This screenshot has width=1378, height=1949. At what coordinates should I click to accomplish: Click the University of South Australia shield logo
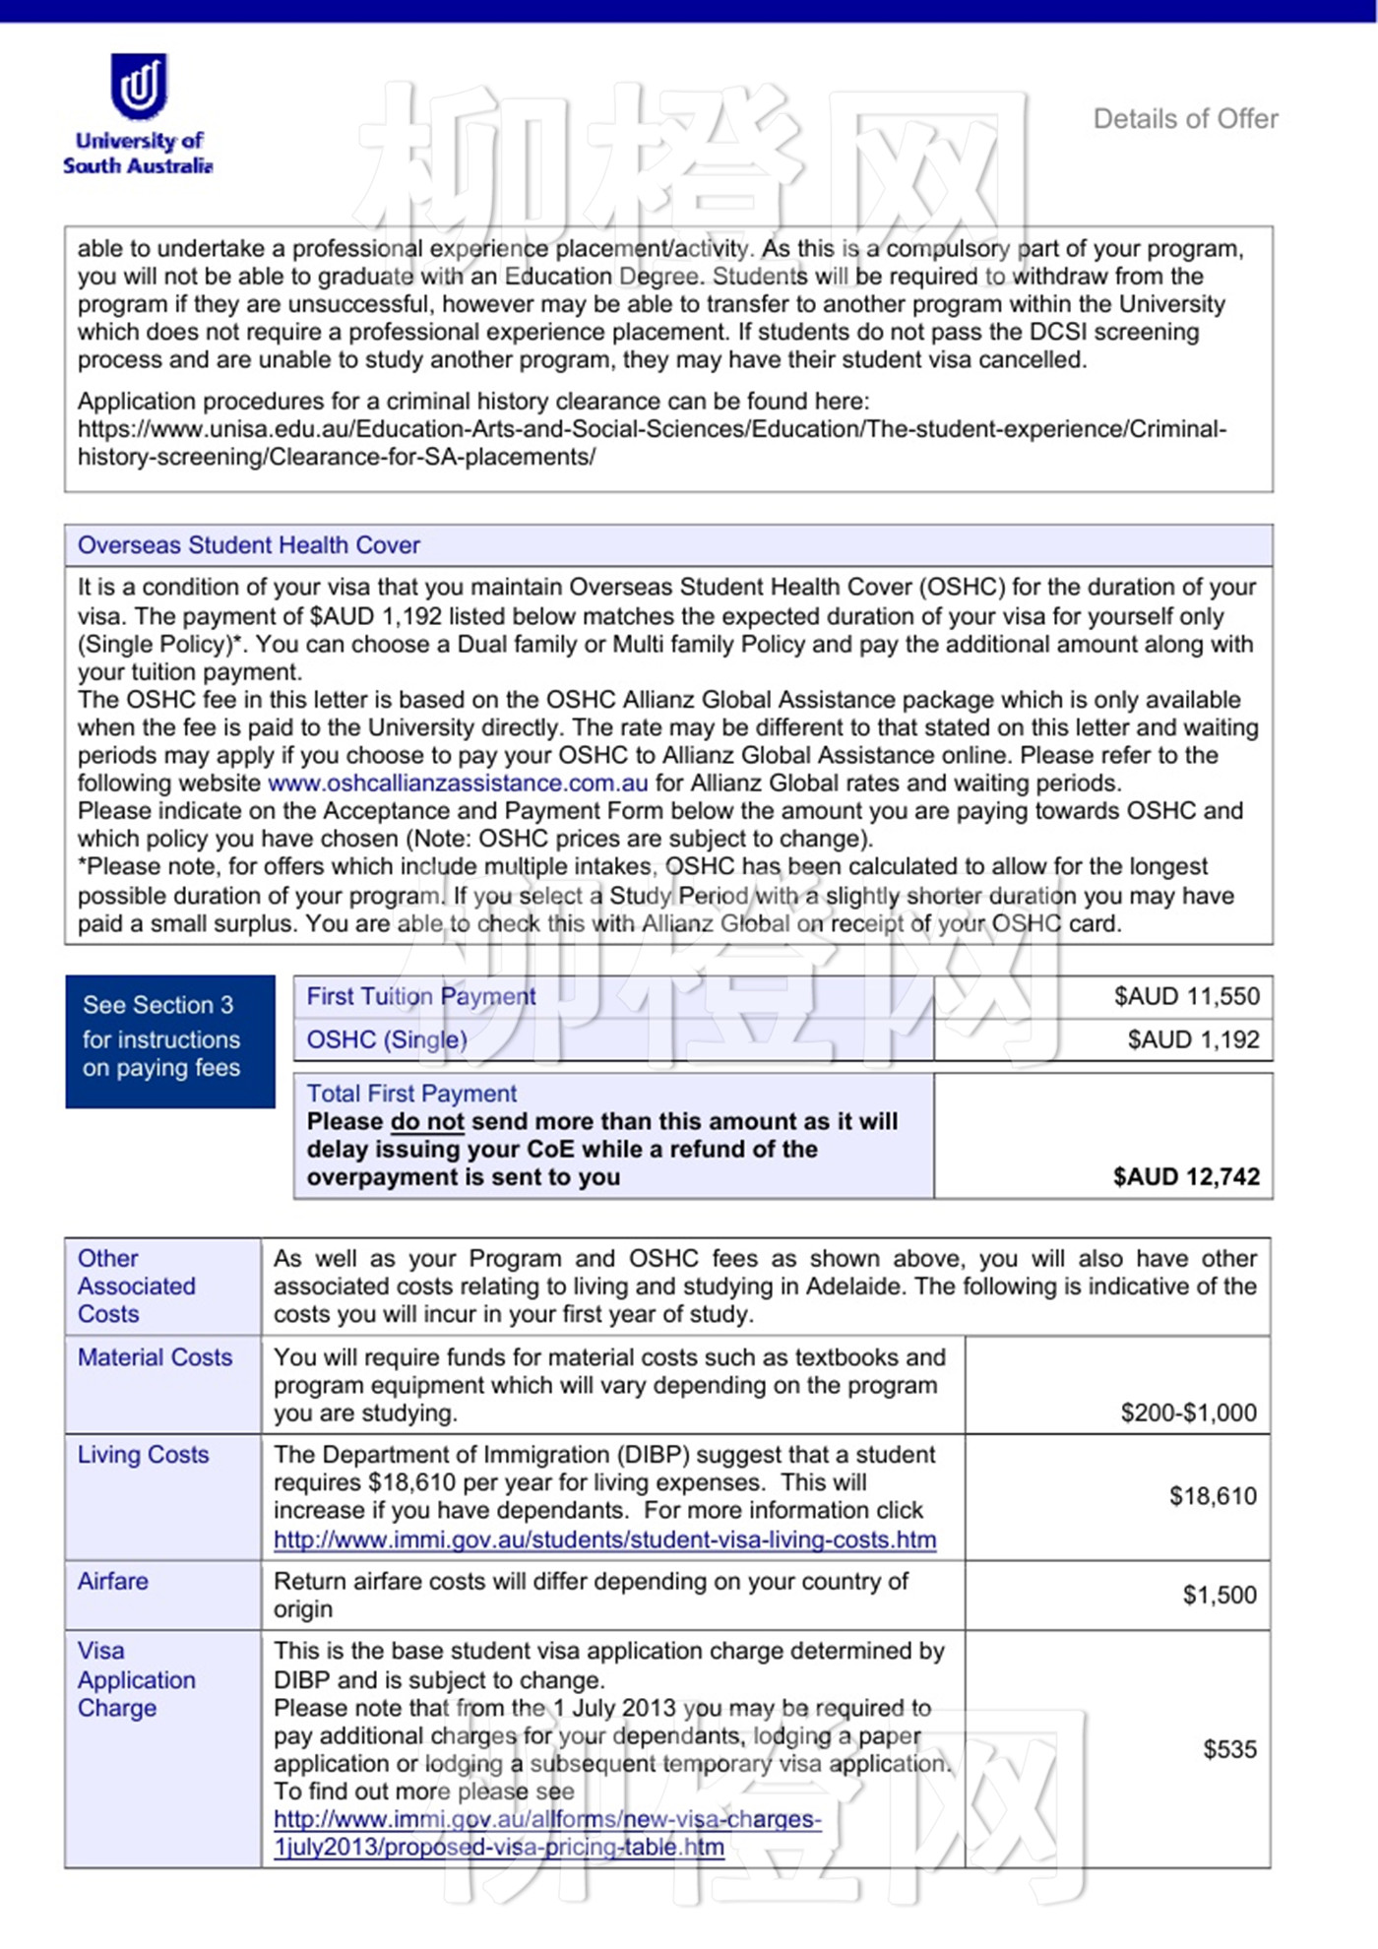[x=139, y=86]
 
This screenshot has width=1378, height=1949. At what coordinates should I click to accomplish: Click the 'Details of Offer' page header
[x=1185, y=119]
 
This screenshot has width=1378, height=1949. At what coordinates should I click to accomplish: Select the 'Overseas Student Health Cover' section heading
[x=249, y=545]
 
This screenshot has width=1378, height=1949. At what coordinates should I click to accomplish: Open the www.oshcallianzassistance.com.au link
[x=458, y=784]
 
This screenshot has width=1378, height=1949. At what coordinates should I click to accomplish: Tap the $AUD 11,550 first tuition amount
[x=1186, y=996]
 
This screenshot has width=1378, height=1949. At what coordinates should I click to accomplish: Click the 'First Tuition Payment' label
[x=421, y=996]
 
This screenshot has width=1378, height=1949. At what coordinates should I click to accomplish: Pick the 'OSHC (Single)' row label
[x=387, y=1039]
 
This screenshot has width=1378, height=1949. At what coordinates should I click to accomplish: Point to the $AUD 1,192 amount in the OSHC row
[x=1193, y=1039]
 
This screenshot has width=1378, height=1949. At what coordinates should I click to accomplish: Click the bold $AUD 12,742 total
[x=1186, y=1176]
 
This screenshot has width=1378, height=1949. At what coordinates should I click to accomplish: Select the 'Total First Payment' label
[x=411, y=1094]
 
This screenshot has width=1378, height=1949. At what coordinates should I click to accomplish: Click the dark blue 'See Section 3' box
[x=170, y=1040]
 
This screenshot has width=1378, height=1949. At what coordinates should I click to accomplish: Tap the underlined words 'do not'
[x=427, y=1122]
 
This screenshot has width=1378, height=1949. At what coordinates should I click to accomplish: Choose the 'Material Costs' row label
[x=155, y=1357]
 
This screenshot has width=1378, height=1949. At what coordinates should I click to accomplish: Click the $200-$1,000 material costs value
[x=1188, y=1413]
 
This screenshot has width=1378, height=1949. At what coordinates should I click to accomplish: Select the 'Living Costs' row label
[x=144, y=1455]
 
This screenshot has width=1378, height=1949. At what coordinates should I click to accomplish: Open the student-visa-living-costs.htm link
[x=604, y=1540]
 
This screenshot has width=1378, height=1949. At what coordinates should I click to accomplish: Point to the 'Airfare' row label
[x=113, y=1581]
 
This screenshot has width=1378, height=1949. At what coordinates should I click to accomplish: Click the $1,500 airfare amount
[x=1220, y=1595]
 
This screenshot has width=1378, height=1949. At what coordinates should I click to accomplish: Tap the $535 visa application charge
[x=1229, y=1749]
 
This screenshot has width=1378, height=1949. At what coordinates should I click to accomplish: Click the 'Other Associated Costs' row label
[x=137, y=1286]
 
